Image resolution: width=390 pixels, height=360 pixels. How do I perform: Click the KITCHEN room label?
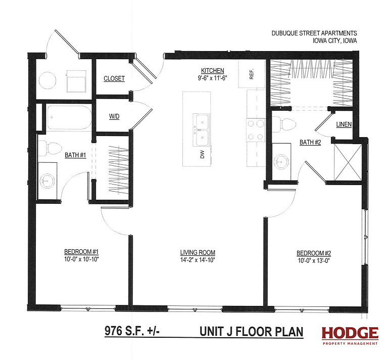pyautogui.click(x=212, y=71)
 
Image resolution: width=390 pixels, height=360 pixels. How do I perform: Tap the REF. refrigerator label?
pyautogui.click(x=252, y=74)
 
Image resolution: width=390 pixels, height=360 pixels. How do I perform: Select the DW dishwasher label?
pyautogui.click(x=202, y=154)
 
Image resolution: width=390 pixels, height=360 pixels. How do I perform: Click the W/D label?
pyautogui.click(x=114, y=116)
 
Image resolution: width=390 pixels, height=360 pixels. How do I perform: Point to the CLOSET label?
pyautogui.click(x=114, y=79)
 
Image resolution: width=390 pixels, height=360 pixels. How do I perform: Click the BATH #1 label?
pyautogui.click(x=75, y=155)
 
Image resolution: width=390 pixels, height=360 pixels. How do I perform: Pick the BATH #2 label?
pyautogui.click(x=310, y=143)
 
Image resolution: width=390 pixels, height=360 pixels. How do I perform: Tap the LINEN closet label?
pyautogui.click(x=344, y=124)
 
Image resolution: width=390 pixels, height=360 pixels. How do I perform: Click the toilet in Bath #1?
pyautogui.click(x=50, y=148)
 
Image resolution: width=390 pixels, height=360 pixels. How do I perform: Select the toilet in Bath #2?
pyautogui.click(x=283, y=124)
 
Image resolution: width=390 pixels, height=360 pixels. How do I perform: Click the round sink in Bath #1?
pyautogui.click(x=47, y=180)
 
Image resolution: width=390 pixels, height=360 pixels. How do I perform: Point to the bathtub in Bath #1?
pyautogui.click(x=69, y=117)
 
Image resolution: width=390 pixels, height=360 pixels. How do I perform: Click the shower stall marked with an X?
pyautogui.click(x=348, y=162)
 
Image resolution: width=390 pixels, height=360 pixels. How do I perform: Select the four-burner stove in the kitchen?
pyautogui.click(x=256, y=130)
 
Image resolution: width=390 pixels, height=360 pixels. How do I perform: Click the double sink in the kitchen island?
pyautogui.click(x=201, y=130)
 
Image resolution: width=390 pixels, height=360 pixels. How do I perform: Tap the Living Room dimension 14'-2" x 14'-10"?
pyautogui.click(x=198, y=260)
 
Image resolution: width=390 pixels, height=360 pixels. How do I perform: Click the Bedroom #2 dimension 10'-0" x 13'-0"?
pyautogui.click(x=314, y=261)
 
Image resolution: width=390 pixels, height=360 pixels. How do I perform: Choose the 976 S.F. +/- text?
pyautogui.click(x=132, y=331)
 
